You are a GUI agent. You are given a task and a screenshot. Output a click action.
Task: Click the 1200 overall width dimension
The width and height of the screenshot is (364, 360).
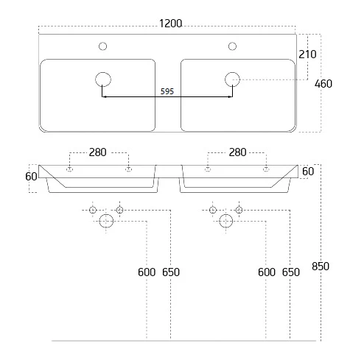171,24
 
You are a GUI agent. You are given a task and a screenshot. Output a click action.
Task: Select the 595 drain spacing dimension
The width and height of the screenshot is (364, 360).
167,91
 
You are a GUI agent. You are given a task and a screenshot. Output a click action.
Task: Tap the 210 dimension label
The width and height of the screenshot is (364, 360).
307,54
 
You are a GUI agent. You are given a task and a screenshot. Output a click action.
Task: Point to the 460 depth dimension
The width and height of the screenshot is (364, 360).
323,84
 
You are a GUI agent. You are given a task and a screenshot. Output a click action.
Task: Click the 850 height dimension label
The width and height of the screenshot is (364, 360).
321,267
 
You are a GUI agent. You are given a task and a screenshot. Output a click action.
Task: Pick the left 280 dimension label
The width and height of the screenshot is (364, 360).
97,152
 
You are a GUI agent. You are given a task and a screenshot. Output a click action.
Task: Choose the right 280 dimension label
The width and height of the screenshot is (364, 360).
237,152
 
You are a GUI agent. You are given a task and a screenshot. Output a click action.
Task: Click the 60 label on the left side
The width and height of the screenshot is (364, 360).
31,177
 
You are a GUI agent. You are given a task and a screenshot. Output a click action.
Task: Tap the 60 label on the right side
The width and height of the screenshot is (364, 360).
308,172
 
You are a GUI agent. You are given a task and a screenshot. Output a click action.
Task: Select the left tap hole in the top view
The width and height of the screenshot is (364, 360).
102,46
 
